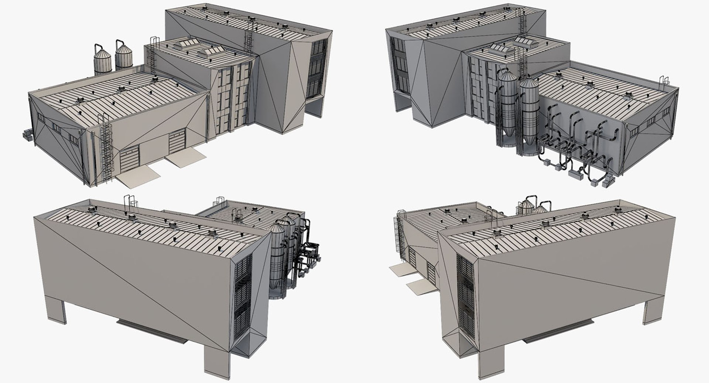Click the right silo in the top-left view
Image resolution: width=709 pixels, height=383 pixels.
point(124,57)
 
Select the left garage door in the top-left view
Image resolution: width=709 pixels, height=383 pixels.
point(130,159)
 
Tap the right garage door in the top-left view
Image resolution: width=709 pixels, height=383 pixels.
point(178,143)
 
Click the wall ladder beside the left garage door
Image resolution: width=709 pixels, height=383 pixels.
point(106,148)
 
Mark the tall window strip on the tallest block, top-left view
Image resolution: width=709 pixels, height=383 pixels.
point(317,68)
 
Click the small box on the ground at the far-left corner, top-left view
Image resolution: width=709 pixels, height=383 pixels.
point(27,134)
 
